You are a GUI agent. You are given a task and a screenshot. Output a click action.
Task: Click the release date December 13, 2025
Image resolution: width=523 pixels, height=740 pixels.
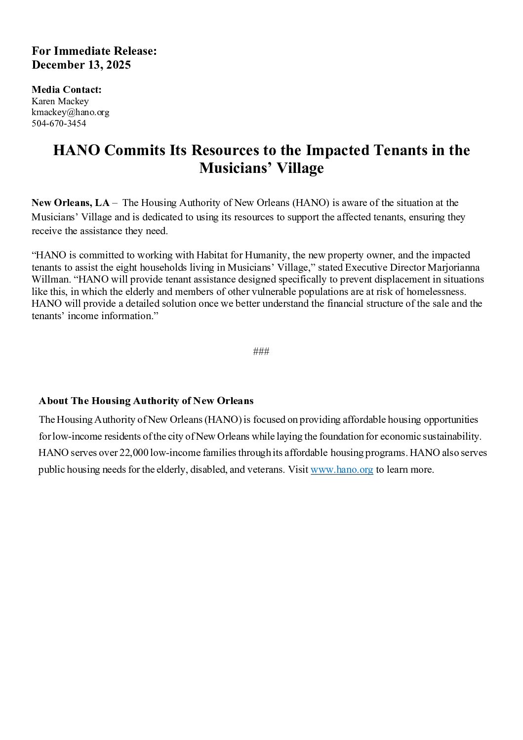click(81, 65)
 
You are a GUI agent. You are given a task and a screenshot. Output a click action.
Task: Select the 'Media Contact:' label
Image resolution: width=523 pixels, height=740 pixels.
click(67, 89)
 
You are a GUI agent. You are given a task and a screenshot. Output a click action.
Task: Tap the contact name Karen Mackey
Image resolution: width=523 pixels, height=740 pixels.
click(60, 101)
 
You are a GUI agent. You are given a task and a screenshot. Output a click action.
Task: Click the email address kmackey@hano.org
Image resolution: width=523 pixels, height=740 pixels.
click(70, 112)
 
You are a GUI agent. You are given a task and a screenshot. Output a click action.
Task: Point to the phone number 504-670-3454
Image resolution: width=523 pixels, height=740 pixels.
click(59, 123)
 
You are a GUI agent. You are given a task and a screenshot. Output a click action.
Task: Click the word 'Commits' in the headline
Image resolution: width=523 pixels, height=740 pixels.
click(136, 150)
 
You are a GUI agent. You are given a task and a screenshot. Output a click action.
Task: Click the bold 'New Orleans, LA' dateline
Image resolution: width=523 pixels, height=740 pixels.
click(71, 203)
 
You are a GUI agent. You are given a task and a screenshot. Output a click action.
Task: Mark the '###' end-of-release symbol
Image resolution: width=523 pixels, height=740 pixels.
click(261, 351)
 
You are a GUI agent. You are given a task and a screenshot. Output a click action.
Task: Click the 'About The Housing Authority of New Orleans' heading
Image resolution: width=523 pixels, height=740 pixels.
click(146, 401)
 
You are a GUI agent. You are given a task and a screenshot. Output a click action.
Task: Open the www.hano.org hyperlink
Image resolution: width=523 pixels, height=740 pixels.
click(342, 470)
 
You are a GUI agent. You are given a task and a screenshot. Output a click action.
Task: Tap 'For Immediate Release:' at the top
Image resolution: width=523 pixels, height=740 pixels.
click(94, 51)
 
